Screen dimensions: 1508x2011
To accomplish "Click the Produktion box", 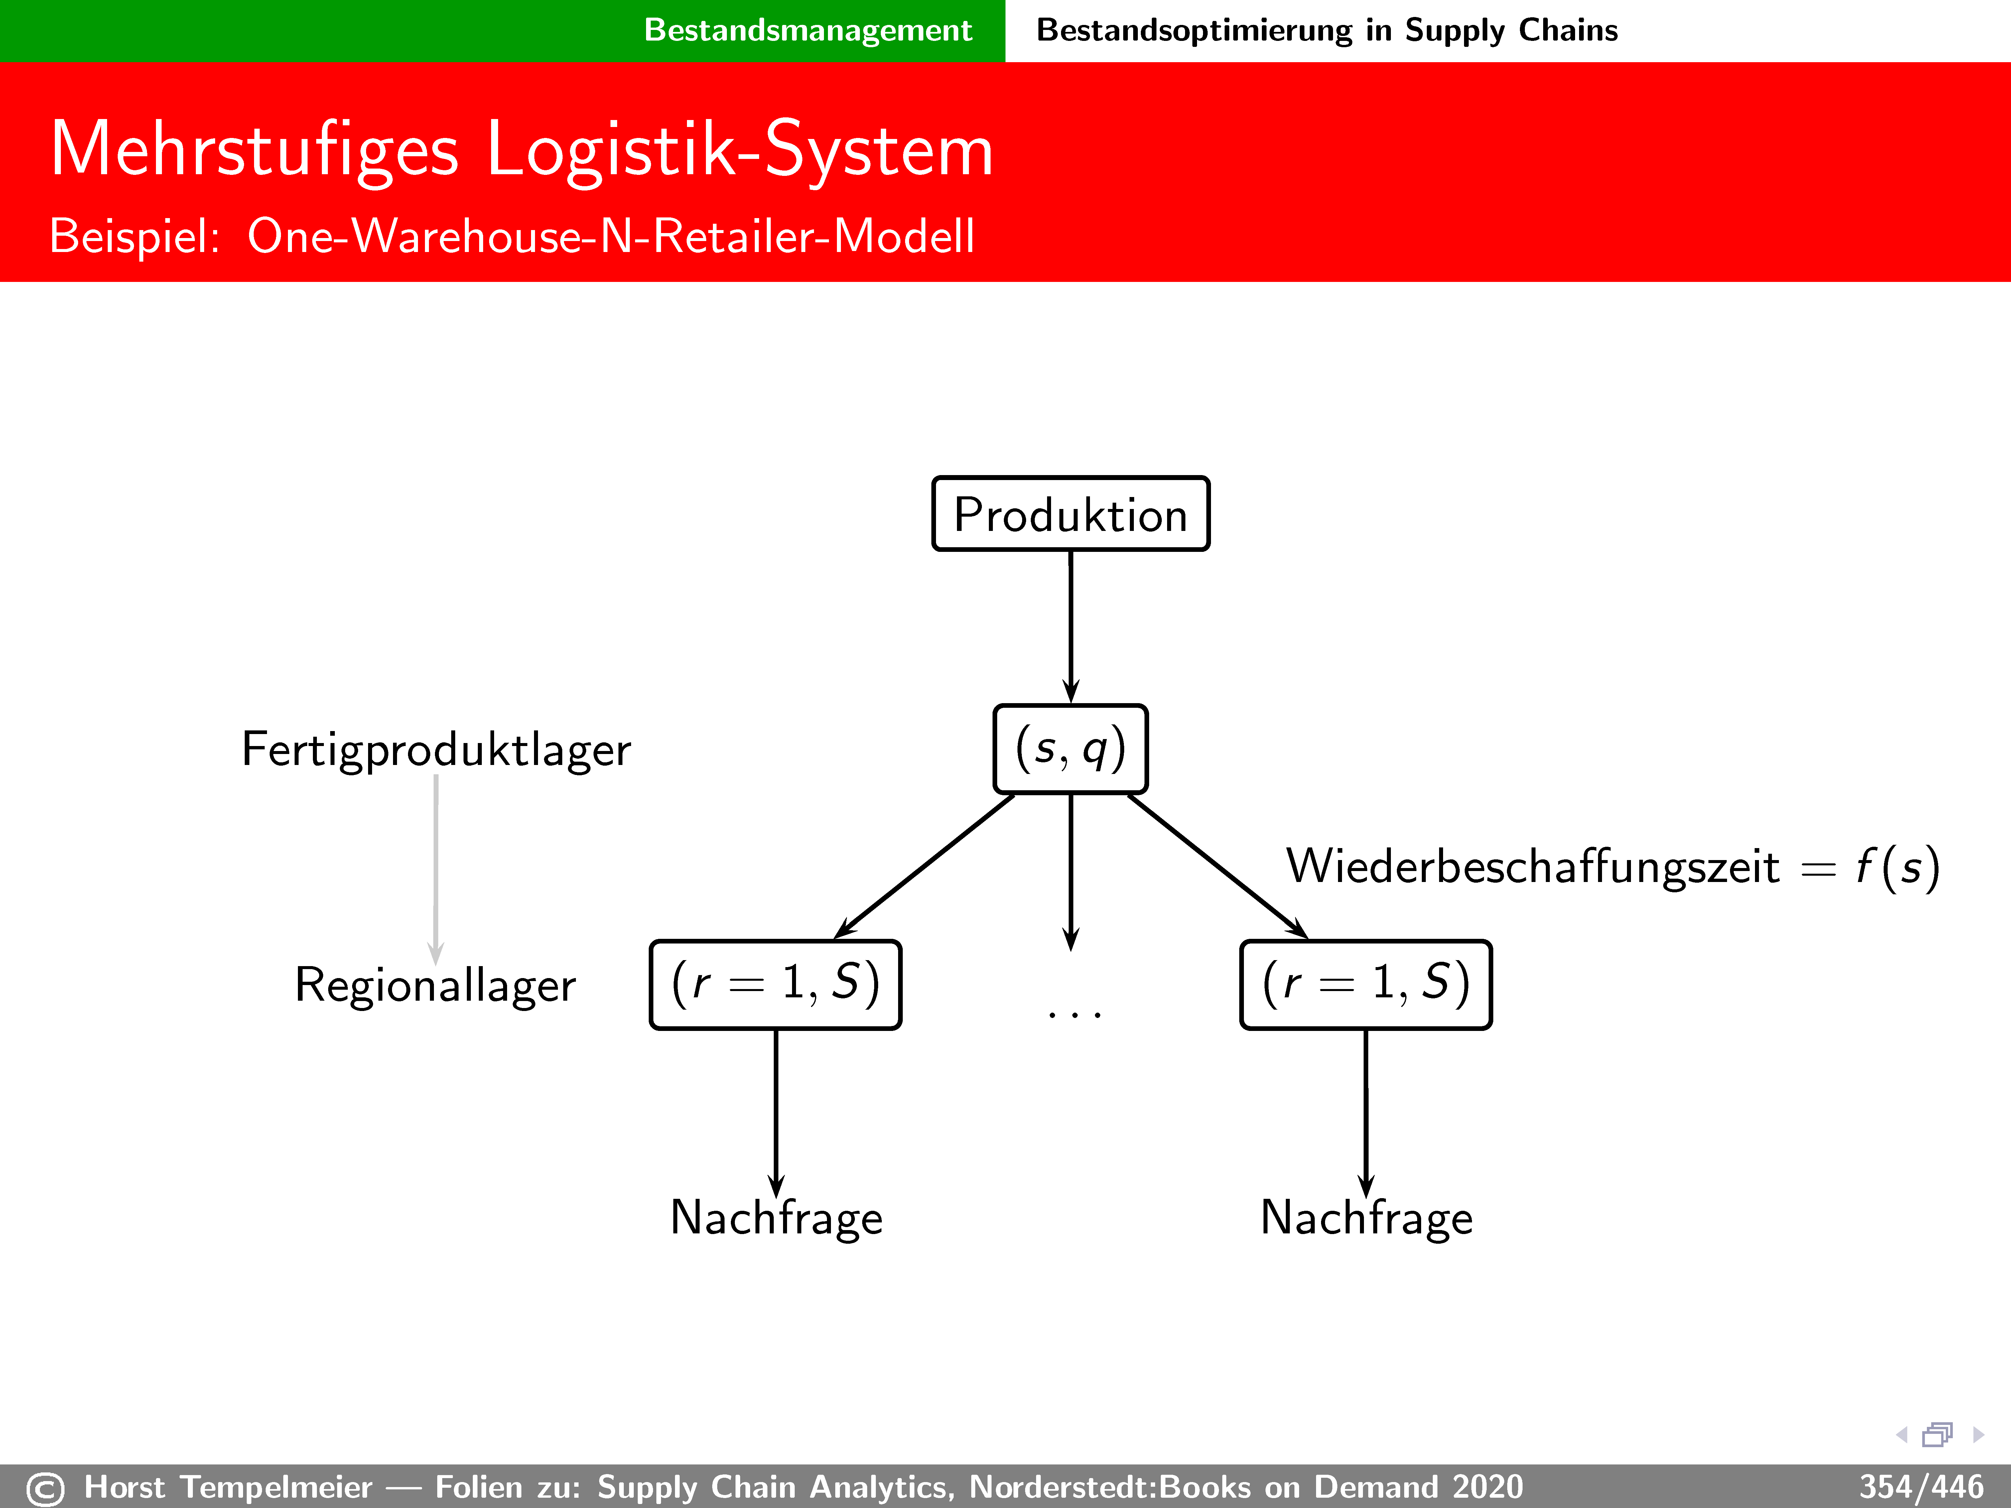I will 1070,515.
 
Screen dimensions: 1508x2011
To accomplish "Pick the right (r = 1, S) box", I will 1366,984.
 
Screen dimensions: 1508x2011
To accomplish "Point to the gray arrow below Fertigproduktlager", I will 436,868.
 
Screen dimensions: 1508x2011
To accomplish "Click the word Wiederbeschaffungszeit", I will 1532,866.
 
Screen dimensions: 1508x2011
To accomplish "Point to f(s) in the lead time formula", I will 1897,866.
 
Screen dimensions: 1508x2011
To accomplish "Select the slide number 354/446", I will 1920,1487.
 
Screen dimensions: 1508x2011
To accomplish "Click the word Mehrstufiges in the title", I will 255,150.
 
